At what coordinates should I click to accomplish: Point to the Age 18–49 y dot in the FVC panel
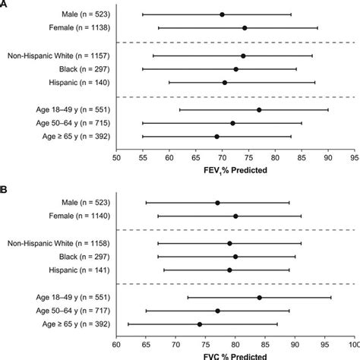coord(260,297)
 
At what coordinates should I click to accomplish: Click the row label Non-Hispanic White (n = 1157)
coord(59,56)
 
